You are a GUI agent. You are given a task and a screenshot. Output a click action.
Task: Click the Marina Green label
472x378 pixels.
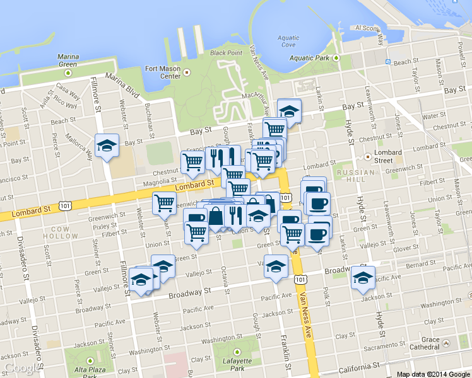[x=68, y=60]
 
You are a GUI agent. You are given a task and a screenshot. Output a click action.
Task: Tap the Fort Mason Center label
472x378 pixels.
[x=163, y=72]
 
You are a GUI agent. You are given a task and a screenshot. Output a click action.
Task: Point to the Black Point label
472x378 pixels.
[x=226, y=53]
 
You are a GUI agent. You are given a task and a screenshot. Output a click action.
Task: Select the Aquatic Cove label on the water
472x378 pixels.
[x=288, y=42]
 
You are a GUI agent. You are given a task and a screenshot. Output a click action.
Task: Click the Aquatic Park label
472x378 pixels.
[x=310, y=58]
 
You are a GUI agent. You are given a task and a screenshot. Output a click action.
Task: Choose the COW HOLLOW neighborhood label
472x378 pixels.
[x=61, y=232]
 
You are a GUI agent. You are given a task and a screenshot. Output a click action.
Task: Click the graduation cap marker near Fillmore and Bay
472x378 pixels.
[x=107, y=146]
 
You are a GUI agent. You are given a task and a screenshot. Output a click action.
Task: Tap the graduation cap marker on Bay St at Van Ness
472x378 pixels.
[x=289, y=110]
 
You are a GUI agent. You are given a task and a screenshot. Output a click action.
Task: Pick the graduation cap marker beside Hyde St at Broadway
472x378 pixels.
[x=363, y=277]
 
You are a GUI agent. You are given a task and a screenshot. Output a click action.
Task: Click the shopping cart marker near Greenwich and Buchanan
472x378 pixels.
[x=164, y=202]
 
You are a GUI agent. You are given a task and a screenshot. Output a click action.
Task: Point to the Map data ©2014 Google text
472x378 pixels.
[x=434, y=374]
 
